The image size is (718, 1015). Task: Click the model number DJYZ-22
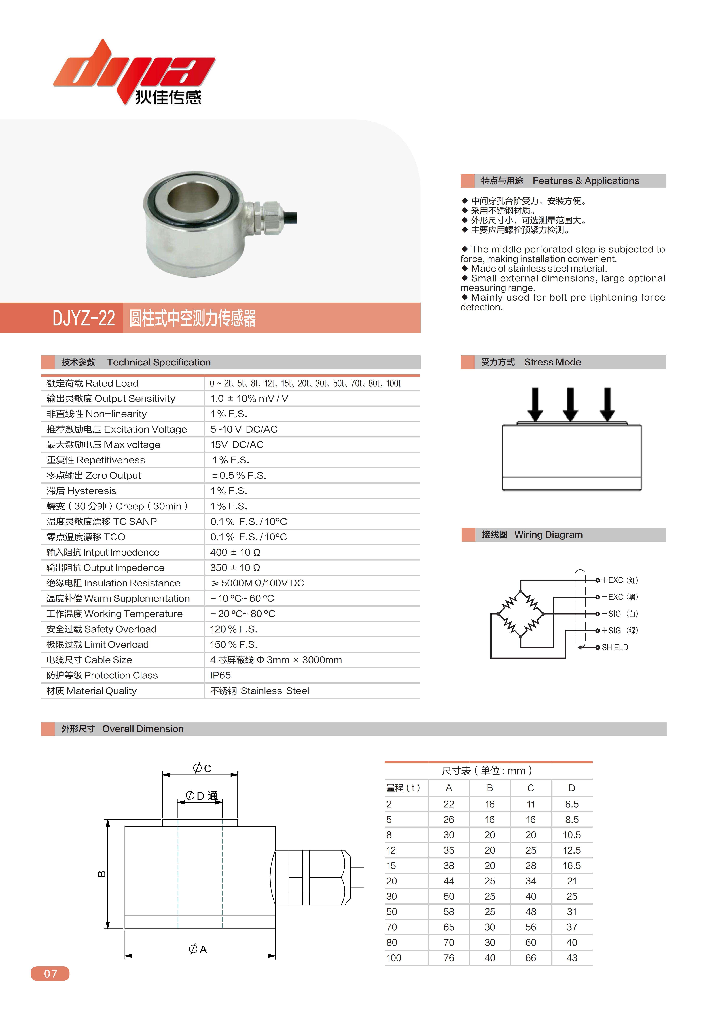(84, 318)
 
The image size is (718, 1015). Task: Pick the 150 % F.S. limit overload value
(233, 644)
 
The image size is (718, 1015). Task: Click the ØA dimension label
(198, 949)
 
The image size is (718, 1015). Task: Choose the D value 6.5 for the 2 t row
(572, 804)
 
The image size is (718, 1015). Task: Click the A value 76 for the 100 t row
(449, 958)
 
